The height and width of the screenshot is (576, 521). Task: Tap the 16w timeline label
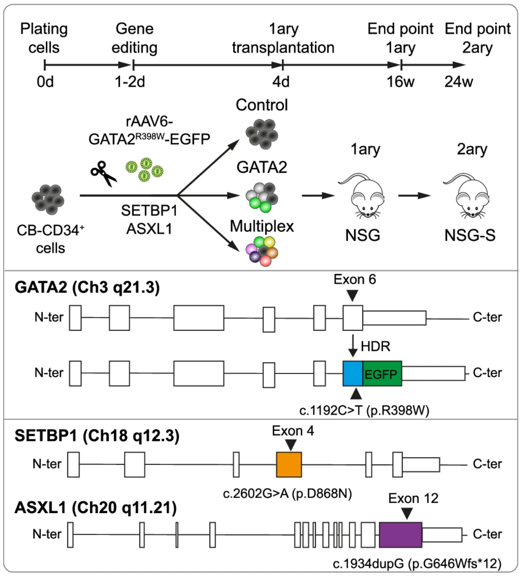400,82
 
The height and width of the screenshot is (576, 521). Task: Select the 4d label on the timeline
281,82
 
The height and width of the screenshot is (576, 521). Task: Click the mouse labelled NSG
362,196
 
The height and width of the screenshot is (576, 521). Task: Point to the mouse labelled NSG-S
467,196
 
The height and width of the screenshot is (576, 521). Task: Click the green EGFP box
382,374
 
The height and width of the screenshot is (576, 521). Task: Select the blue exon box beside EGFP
353,374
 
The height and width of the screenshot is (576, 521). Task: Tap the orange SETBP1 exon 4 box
289,464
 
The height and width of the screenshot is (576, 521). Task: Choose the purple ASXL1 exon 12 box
400,535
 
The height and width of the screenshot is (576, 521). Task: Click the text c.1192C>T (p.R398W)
364,410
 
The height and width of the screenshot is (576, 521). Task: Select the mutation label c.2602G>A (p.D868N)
287,494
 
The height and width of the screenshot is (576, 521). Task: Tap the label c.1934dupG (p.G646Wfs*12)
417,564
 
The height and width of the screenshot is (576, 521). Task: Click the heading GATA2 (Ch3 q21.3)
87,287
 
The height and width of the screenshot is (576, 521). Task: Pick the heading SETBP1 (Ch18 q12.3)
97,436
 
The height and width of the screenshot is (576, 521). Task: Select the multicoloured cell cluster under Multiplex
262,251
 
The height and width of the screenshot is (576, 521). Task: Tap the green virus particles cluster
145,170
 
